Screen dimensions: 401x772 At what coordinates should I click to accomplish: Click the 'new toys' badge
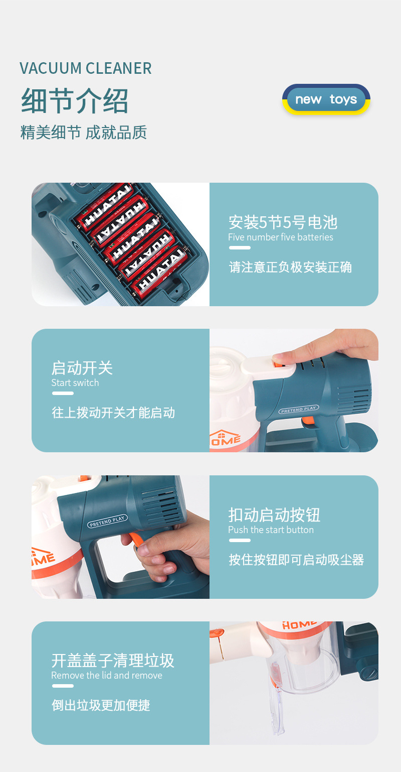click(x=326, y=99)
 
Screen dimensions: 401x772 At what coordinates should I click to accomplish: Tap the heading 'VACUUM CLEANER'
click(x=85, y=68)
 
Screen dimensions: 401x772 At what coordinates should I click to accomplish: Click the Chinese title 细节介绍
click(x=75, y=100)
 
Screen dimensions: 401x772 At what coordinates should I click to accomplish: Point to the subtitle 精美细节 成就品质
click(x=84, y=133)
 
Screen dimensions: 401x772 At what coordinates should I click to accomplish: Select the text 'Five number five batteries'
click(x=281, y=237)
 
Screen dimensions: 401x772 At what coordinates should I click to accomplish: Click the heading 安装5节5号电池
click(x=283, y=222)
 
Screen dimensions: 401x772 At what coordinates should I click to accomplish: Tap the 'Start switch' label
click(x=75, y=383)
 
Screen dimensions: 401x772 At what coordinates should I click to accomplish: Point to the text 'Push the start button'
click(x=271, y=530)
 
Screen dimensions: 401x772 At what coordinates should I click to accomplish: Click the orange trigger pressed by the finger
click(x=134, y=540)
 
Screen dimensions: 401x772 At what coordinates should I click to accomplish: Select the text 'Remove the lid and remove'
click(x=107, y=675)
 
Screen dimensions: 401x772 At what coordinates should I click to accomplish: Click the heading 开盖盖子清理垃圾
click(x=113, y=661)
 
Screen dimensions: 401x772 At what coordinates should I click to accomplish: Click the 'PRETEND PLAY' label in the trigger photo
click(x=107, y=521)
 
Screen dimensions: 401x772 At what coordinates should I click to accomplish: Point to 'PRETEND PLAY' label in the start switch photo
click(x=298, y=409)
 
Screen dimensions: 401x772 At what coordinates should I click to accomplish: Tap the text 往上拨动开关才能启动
click(x=113, y=413)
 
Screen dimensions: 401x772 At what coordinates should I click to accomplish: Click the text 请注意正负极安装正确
click(x=290, y=267)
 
